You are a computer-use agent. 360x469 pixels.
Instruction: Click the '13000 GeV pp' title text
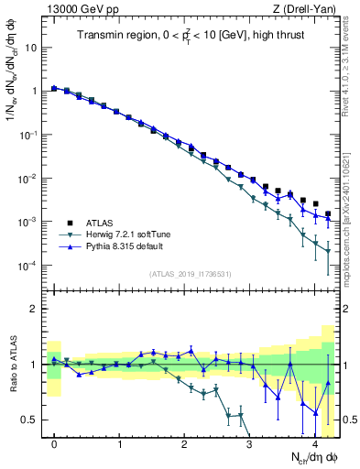[74, 9]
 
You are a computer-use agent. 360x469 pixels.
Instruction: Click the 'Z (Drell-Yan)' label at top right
[308, 9]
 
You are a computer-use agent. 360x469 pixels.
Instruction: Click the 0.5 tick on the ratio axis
[28, 420]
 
